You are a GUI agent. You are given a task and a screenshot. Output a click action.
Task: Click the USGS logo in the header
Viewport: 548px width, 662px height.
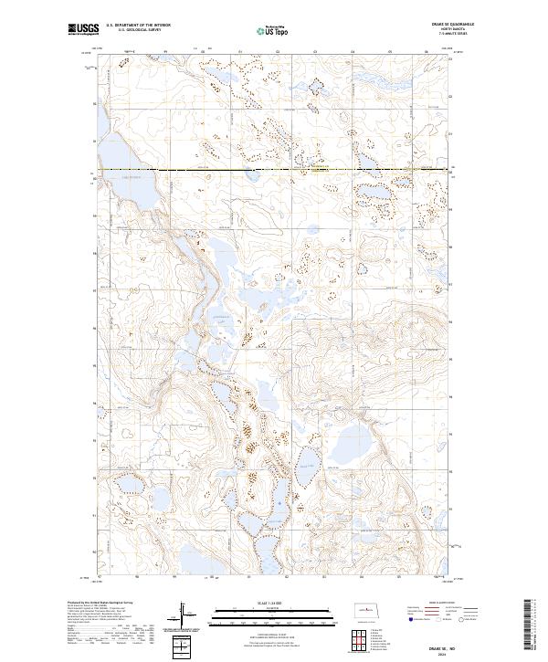click(x=83, y=30)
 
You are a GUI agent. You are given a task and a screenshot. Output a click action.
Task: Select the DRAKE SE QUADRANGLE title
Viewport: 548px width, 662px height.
click(x=460, y=25)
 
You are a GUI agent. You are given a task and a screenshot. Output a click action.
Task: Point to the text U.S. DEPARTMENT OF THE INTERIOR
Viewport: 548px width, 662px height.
click(x=138, y=26)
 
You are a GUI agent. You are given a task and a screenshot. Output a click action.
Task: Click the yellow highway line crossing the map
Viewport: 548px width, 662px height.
click(x=274, y=170)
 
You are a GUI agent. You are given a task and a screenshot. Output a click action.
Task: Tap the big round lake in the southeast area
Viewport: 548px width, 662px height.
click(x=353, y=448)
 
